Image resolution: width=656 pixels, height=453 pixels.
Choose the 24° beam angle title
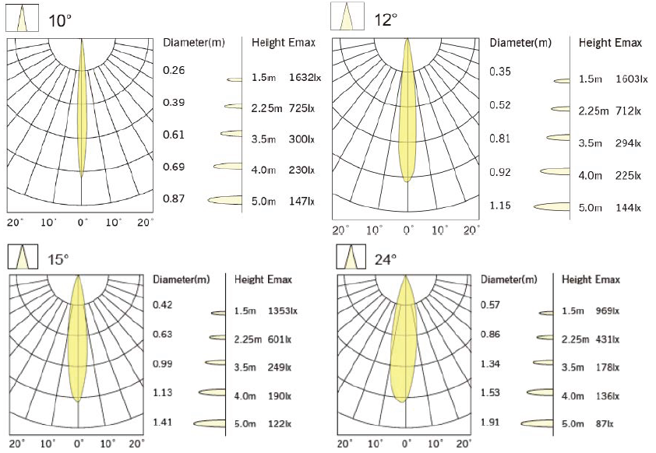386,258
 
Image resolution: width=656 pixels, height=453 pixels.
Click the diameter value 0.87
174,198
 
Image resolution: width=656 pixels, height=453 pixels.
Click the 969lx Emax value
608,311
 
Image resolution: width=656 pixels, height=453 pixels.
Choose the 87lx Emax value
605,424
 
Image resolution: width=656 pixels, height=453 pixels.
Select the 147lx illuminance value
300,201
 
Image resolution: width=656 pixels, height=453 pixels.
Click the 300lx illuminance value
300,139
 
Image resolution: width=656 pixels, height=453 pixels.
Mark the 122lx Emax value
279,424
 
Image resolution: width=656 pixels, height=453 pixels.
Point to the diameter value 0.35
500,72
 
